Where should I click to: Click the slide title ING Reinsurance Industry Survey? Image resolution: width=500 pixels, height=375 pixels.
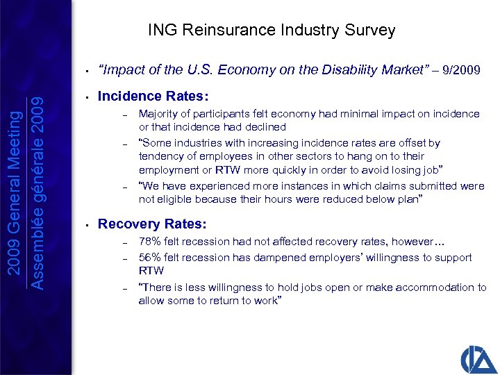[x=272, y=31]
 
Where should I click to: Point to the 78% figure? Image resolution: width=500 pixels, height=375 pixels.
[x=149, y=242]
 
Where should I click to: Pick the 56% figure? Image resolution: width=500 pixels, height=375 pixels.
[x=149, y=257]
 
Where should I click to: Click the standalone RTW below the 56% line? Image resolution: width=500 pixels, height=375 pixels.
[x=151, y=271]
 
